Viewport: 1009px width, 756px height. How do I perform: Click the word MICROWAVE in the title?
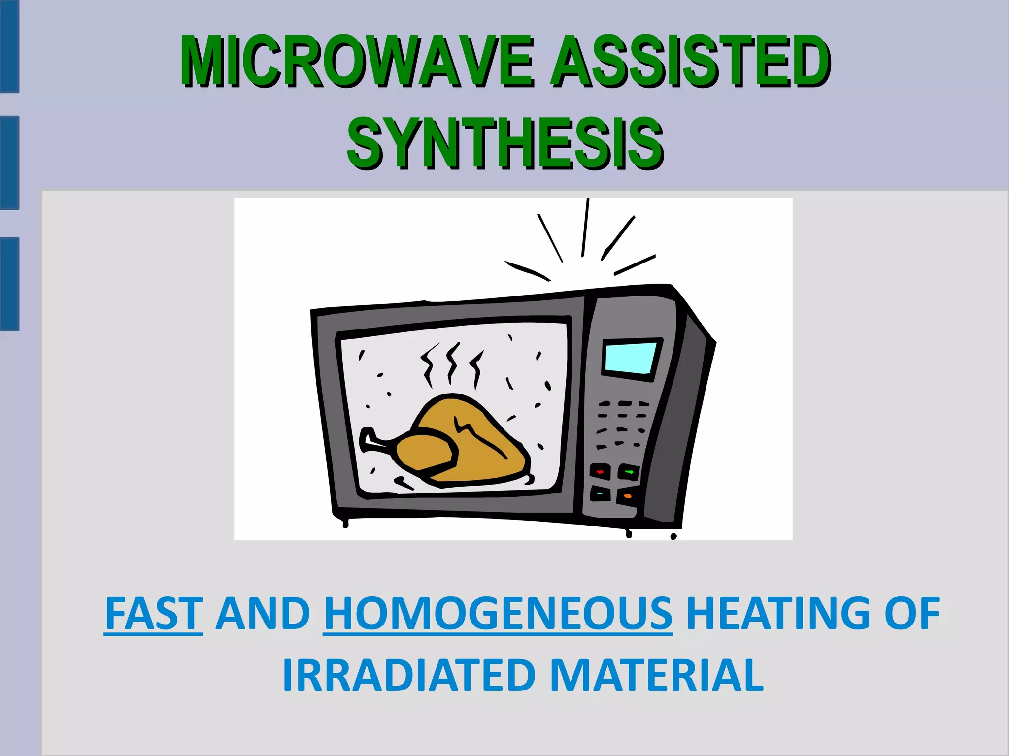[x=356, y=62]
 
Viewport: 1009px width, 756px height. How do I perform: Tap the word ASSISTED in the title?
[x=690, y=62]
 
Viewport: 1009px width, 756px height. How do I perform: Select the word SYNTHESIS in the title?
[x=505, y=143]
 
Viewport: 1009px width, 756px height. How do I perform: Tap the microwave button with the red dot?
[x=600, y=472]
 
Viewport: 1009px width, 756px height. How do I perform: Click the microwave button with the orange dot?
[x=627, y=496]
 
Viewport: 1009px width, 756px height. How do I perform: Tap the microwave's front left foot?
[x=345, y=524]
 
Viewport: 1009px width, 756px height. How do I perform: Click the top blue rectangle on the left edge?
[x=9, y=47]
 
